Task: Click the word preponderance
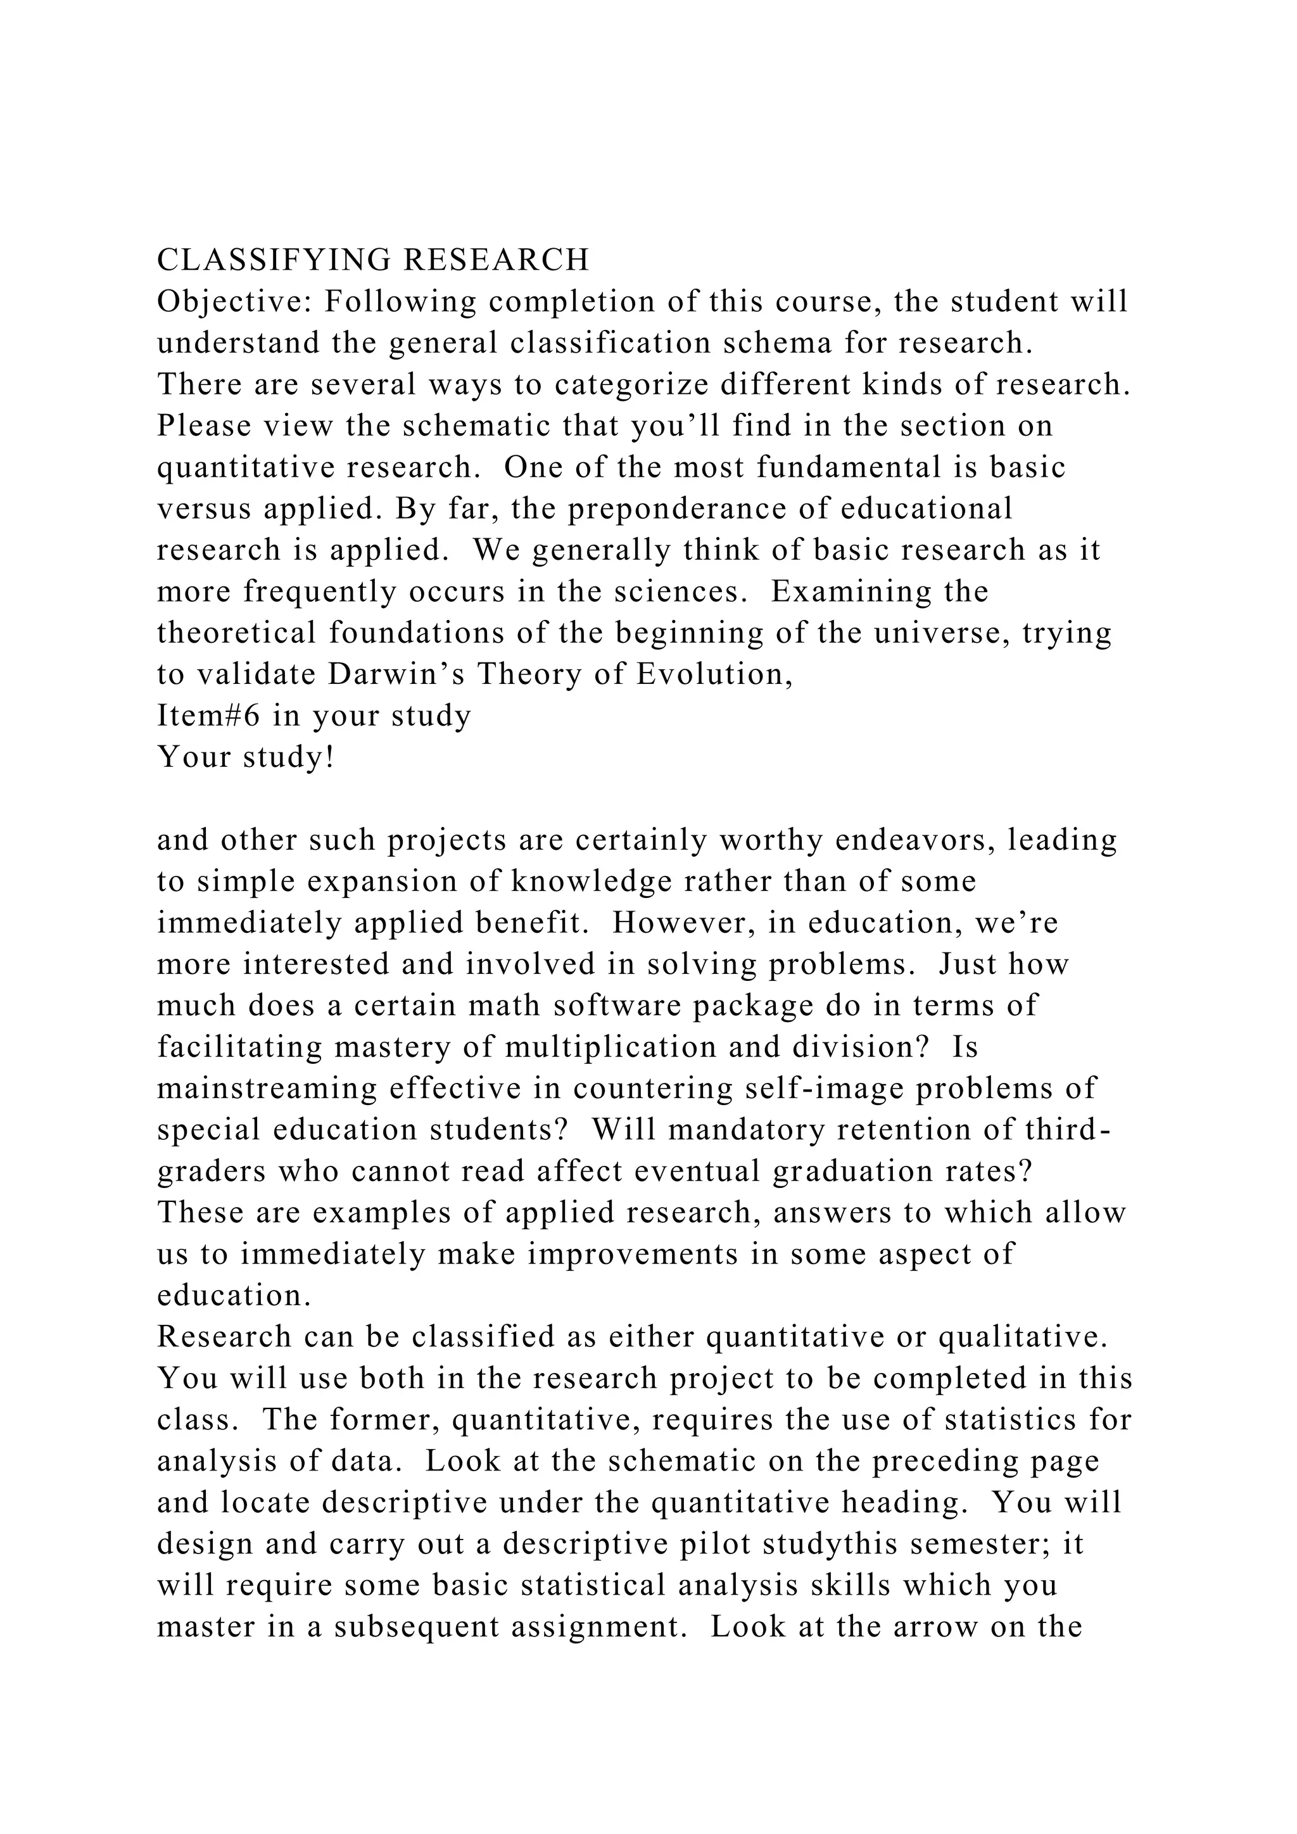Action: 678,508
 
